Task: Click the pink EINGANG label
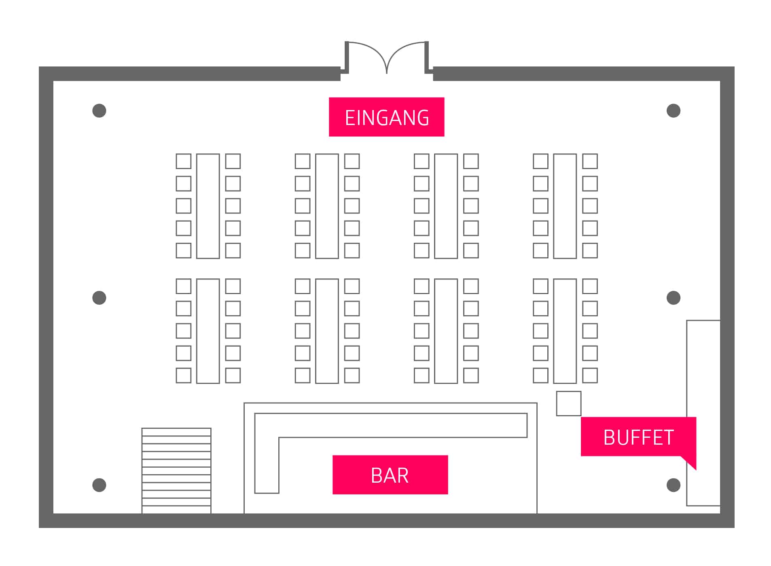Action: pos(386,117)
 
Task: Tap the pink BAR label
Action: pos(390,475)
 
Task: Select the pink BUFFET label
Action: pos(638,437)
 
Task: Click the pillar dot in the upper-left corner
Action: pos(99,110)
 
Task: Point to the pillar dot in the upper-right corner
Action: pos(673,110)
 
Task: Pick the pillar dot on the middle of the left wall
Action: pos(99,298)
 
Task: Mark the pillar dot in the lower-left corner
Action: pos(99,485)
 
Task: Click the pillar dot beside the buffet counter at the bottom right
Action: pos(673,485)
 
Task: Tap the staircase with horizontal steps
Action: pos(176,471)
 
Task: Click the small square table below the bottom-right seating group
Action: pos(568,403)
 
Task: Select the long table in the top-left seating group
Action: pos(208,206)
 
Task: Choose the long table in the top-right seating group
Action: pos(565,206)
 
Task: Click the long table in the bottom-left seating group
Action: pos(208,331)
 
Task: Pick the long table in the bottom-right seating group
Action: pos(565,331)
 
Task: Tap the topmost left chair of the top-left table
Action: pos(183,161)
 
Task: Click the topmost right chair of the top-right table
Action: pos(590,161)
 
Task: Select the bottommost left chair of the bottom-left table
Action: pos(183,375)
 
